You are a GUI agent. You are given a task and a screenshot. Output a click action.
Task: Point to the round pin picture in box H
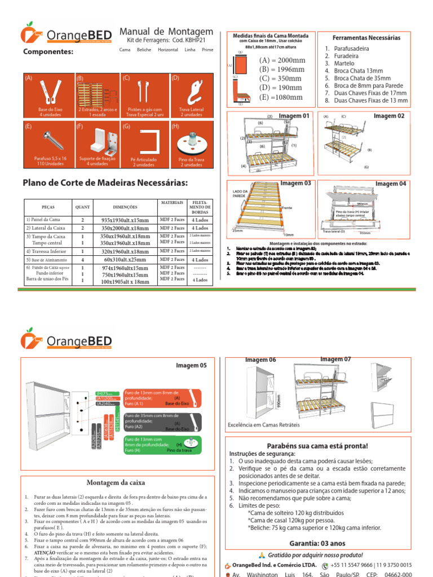[193, 140]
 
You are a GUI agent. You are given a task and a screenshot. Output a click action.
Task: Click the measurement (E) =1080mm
[281, 97]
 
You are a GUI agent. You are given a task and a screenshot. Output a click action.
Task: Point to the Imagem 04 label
[391, 184]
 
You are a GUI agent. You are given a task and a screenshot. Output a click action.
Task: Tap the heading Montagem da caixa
[116, 482]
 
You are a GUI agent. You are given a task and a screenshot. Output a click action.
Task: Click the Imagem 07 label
[335, 359]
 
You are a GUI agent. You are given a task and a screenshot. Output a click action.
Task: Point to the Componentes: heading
[48, 52]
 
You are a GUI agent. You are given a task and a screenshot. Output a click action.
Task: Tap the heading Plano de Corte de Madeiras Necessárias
[105, 183]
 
